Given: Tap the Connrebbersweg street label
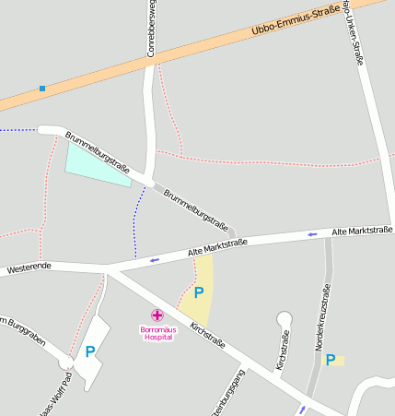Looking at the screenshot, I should click(x=150, y=29).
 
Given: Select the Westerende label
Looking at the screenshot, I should click(x=29, y=267).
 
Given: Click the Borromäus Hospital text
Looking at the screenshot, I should click(x=157, y=332).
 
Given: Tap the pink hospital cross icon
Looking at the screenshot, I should click(x=157, y=315).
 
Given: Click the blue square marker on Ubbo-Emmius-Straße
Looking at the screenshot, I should click(x=42, y=89).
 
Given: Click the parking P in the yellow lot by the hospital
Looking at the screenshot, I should click(x=198, y=292).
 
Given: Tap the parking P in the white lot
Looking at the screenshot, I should click(x=90, y=351).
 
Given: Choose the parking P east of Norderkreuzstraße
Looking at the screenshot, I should click(x=331, y=360).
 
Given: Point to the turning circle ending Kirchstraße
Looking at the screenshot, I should click(x=284, y=320).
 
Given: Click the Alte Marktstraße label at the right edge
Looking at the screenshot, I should click(x=362, y=230).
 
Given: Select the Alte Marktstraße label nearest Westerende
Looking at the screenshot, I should click(x=218, y=246).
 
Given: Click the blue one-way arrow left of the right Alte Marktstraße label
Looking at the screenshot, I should click(x=312, y=234).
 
